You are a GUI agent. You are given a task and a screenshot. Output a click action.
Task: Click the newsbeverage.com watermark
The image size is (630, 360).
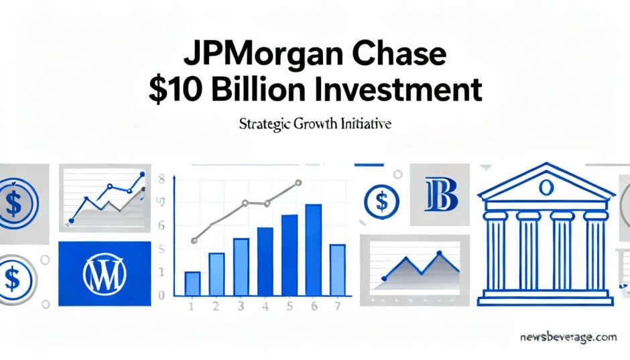click(568, 337)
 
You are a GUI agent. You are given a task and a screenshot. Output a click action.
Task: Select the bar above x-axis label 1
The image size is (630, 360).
click(192, 284)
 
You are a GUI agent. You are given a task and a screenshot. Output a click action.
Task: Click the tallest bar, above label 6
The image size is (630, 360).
click(314, 250)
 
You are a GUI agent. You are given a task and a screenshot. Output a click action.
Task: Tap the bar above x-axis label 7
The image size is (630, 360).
click(338, 270)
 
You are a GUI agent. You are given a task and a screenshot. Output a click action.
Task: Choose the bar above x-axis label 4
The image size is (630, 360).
click(265, 261)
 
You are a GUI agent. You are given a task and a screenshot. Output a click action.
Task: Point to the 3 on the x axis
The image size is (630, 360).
click(241, 306)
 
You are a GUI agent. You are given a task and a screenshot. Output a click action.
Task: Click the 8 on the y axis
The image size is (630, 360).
click(162, 179)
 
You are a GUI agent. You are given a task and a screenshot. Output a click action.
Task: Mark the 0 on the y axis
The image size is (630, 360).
click(162, 296)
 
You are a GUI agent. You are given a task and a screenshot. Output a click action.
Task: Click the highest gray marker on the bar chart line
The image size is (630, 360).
click(298, 182)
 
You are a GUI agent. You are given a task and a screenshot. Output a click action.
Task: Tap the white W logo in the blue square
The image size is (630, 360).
click(105, 274)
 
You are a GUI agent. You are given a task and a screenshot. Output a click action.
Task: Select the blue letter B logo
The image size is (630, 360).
click(441, 195)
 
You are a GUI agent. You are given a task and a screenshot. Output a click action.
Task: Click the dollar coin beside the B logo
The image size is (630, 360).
click(382, 201)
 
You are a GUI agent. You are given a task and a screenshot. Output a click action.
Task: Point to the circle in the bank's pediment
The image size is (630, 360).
click(545, 188)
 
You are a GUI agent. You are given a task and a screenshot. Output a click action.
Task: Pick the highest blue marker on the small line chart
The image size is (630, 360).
click(141, 174)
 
